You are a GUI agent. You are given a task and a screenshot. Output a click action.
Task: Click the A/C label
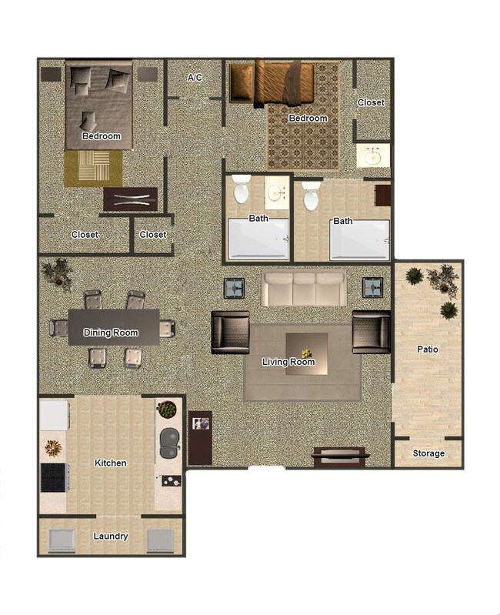(195, 78)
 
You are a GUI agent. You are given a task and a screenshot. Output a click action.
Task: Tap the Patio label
(428, 349)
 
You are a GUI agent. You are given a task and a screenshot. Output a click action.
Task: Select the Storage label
(428, 453)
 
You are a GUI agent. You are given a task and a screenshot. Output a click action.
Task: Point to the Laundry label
(111, 536)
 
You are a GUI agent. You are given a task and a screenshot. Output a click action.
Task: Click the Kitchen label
(111, 463)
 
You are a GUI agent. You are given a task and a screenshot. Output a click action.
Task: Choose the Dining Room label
(111, 333)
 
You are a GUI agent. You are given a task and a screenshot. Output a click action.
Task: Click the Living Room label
(288, 362)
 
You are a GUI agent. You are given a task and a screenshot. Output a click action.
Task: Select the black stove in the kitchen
(54, 477)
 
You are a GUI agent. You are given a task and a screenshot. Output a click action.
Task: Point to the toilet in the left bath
(241, 189)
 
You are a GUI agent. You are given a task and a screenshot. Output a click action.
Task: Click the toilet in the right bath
(311, 196)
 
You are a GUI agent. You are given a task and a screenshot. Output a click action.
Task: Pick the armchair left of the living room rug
(230, 332)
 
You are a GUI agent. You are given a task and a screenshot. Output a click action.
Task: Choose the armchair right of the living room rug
(371, 331)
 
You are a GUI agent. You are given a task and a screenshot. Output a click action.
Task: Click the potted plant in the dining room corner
(58, 272)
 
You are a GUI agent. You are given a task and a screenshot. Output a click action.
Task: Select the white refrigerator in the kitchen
(54, 415)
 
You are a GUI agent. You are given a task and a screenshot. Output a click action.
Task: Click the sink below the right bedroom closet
(374, 157)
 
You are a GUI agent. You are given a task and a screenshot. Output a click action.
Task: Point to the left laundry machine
(62, 541)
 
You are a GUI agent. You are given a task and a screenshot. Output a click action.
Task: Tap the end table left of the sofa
(235, 288)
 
